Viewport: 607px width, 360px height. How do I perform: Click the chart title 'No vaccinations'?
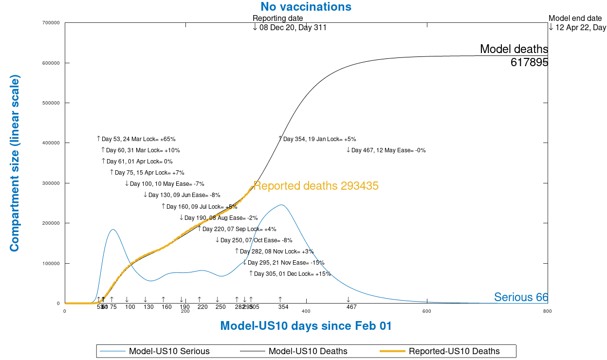(306, 7)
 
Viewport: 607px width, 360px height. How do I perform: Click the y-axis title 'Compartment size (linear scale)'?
(15, 163)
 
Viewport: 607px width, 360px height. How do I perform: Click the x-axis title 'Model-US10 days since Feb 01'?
(306, 326)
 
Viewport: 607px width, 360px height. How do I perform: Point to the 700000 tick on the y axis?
(52, 23)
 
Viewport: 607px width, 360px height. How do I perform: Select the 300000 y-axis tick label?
(52, 183)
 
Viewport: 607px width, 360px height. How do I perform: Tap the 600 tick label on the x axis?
(426, 311)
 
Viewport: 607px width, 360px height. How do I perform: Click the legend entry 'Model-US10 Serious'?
(169, 351)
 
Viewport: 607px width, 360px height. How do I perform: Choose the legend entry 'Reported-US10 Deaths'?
(454, 351)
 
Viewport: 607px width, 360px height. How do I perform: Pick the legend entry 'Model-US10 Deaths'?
(308, 351)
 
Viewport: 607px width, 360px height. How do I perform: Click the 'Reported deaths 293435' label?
(316, 186)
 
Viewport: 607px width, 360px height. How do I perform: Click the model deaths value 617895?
(529, 62)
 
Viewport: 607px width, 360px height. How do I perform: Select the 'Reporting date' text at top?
(277, 18)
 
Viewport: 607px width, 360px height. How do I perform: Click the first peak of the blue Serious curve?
(113, 229)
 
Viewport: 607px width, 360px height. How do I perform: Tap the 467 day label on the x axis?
(351, 307)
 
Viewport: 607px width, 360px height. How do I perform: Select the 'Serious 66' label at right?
(521, 297)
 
